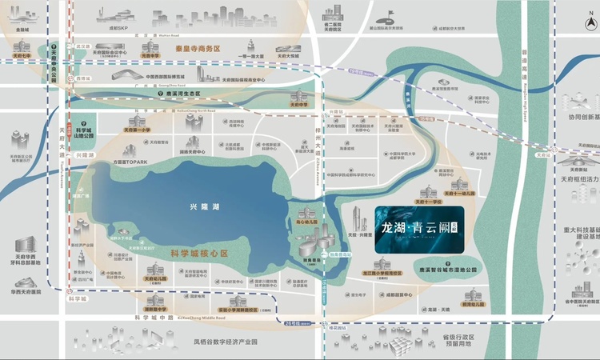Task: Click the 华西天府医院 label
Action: [x=26, y=291]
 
